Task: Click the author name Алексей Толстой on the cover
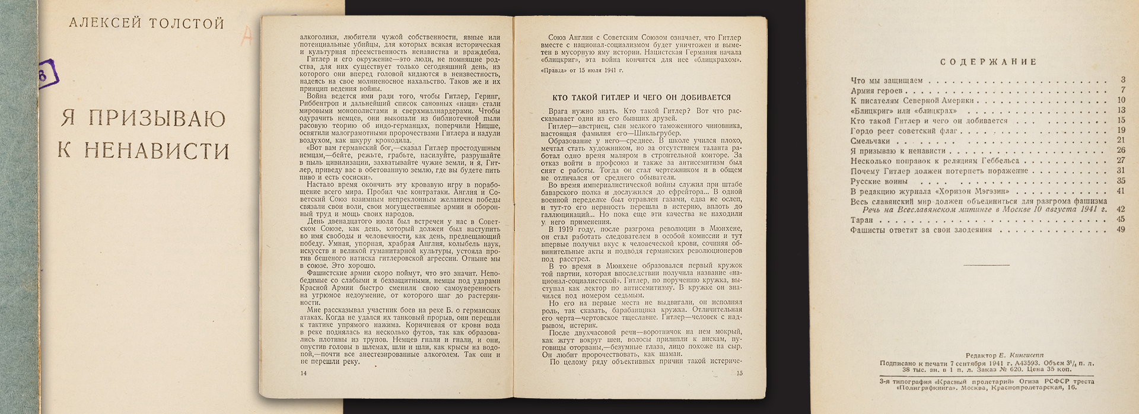click(x=146, y=24)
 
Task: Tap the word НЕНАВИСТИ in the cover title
click(x=157, y=151)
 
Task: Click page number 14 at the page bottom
click(x=304, y=373)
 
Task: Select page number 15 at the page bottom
click(x=739, y=373)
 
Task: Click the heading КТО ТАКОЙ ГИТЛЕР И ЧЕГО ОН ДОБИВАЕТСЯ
click(x=641, y=97)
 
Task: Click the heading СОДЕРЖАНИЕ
click(x=989, y=62)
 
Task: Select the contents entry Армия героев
click(x=876, y=91)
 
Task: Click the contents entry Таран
click(x=861, y=220)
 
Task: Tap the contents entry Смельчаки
click(x=870, y=141)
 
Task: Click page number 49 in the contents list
click(x=1121, y=230)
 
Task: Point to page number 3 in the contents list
click(x=1122, y=80)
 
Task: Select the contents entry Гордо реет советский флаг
click(x=904, y=131)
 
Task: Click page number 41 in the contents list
click(x=1121, y=191)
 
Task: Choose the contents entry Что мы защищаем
click(x=886, y=81)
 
